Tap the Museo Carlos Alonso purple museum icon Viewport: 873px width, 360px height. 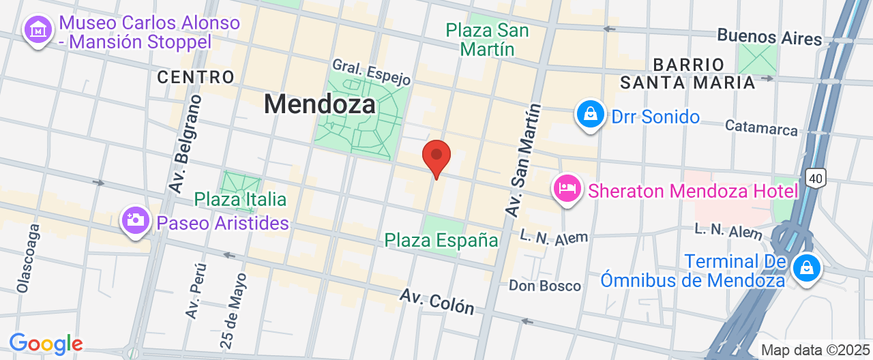pyautogui.click(x=38, y=30)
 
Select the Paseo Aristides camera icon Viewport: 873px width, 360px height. pyautogui.click(x=136, y=220)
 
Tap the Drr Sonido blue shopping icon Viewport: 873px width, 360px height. pyautogui.click(x=591, y=115)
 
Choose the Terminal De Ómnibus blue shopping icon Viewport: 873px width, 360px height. pyautogui.click(x=807, y=268)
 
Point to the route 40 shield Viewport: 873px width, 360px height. pyautogui.click(x=815, y=179)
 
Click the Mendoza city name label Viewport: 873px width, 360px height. pyautogui.click(x=320, y=104)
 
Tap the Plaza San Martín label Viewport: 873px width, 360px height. pyautogui.click(x=487, y=40)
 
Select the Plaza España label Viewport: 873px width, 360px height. pyautogui.click(x=441, y=240)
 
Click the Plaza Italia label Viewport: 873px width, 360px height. pyautogui.click(x=240, y=200)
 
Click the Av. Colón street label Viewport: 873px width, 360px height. pyautogui.click(x=437, y=301)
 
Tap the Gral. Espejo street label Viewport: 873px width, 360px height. pyautogui.click(x=371, y=72)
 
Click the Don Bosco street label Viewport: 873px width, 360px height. pyautogui.click(x=545, y=286)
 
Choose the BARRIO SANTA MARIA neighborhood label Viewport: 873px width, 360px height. pyautogui.click(x=687, y=74)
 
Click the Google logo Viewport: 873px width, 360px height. pyautogui.click(x=45, y=344)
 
